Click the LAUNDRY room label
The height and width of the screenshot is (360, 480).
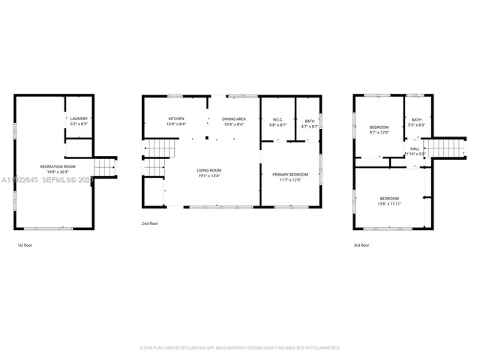[x=79, y=118]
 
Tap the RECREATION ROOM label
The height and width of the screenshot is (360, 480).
[x=58, y=166]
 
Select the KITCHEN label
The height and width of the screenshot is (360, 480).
[x=176, y=118]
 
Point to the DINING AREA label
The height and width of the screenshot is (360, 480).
[x=233, y=118]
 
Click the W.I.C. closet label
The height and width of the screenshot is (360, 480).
[x=277, y=121]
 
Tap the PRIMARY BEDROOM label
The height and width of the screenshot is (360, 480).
[x=289, y=173]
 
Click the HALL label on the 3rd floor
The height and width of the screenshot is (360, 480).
[x=415, y=148]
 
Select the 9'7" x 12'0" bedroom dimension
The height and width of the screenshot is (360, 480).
[x=379, y=132]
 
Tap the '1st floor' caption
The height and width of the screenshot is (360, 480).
[x=25, y=245]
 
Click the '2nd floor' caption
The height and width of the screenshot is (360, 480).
[x=150, y=223]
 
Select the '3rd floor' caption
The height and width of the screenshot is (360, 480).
[x=361, y=245]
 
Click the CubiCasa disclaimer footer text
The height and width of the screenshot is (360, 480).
[x=240, y=348]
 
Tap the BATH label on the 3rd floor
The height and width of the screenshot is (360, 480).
[x=416, y=119]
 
